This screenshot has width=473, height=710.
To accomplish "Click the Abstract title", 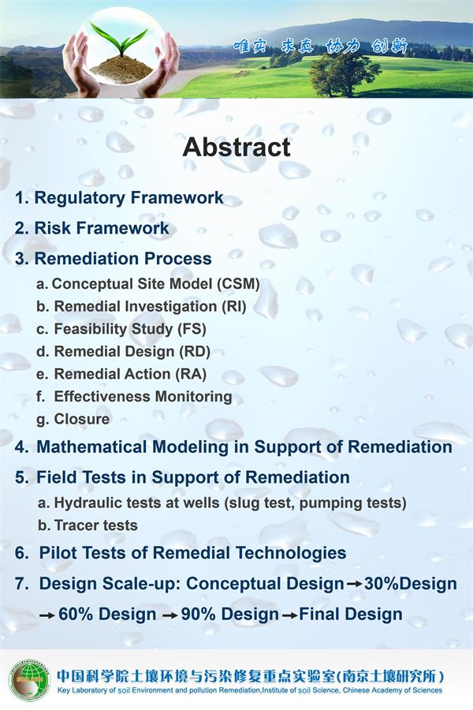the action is [x=236, y=148].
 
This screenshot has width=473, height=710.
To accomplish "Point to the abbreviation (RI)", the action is [x=233, y=307].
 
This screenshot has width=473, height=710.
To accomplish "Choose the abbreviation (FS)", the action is [x=192, y=329].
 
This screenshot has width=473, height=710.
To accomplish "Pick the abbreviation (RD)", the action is [x=194, y=352].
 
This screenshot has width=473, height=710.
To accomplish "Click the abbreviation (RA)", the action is [x=191, y=375].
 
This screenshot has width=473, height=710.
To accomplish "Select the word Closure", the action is [x=82, y=420].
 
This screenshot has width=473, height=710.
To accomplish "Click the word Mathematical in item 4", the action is [x=92, y=447].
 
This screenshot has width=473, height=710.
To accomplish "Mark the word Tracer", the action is [x=71, y=525].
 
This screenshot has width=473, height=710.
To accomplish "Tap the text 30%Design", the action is [x=411, y=584].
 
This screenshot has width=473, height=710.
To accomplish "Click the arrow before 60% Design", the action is [x=47, y=615].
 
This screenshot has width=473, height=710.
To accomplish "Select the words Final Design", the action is [x=351, y=615].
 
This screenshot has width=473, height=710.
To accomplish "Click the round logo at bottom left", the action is [x=30, y=679].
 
